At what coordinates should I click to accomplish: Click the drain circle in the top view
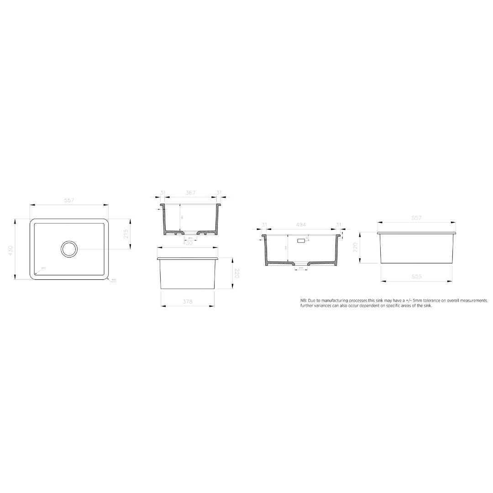click(x=69, y=249)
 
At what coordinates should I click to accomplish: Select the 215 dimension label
click(x=126, y=234)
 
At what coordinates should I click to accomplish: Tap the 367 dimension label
click(x=190, y=193)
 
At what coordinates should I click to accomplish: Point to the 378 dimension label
click(x=187, y=302)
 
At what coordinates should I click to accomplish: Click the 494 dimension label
click(x=301, y=225)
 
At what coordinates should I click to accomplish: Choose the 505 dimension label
click(x=416, y=277)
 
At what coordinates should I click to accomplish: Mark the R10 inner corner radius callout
click(x=44, y=268)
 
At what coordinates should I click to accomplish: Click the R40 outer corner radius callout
click(x=114, y=280)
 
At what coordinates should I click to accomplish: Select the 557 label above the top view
click(x=69, y=200)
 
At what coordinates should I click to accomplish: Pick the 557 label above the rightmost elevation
click(x=416, y=218)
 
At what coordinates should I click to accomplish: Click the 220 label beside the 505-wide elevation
click(x=355, y=248)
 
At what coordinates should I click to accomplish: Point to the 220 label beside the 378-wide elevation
click(x=237, y=273)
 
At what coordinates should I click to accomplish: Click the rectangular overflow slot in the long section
click(x=301, y=240)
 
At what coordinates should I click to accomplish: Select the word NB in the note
click(x=304, y=300)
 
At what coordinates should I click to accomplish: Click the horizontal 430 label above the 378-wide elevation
click(x=187, y=243)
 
